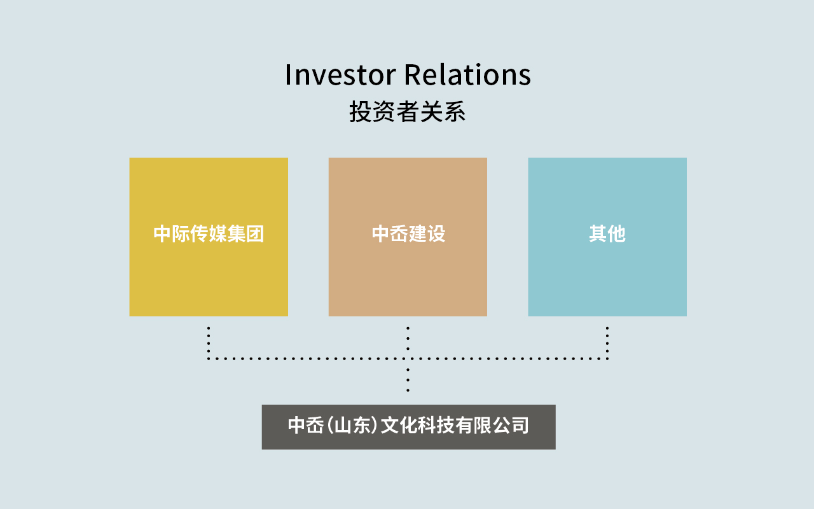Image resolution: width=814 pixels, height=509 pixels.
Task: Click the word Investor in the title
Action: [x=340, y=75]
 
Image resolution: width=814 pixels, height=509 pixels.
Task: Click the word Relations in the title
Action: [x=467, y=74]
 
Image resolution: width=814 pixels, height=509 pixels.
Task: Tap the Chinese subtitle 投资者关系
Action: [x=408, y=111]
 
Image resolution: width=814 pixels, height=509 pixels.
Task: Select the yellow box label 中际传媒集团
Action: [x=209, y=234]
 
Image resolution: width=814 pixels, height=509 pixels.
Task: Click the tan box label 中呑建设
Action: [x=408, y=234]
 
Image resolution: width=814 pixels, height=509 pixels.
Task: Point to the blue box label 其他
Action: [x=607, y=234]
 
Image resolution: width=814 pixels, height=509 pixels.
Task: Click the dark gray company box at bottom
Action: [x=408, y=427]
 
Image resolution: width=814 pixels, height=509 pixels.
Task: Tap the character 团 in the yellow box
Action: [x=255, y=234]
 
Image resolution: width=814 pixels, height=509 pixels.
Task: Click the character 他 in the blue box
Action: [x=617, y=234]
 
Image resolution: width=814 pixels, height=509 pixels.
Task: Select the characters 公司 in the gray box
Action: [x=511, y=425]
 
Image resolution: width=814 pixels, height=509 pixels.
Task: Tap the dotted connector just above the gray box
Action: [x=408, y=380]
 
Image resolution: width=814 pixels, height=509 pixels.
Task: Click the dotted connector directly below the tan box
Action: [x=408, y=338]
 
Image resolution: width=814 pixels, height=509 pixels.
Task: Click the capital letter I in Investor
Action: [x=288, y=75]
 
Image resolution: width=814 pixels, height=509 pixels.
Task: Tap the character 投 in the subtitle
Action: [x=361, y=111]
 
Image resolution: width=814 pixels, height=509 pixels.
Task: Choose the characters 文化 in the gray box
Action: [x=399, y=425]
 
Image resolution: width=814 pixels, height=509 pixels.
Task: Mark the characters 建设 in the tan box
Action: [x=427, y=234]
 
